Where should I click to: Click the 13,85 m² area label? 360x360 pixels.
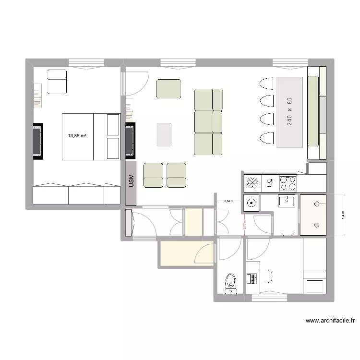pyautogui.click(x=77, y=136)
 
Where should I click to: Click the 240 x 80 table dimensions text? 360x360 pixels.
pyautogui.click(x=290, y=111)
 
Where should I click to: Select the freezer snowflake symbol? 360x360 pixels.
pyautogui.click(x=252, y=182)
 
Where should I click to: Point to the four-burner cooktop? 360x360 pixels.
pyautogui.click(x=288, y=182)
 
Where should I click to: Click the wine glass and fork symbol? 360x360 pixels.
pyautogui.click(x=269, y=182)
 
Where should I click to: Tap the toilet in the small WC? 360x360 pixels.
pyautogui.click(x=231, y=283)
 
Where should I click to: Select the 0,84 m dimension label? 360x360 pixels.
pyautogui.click(x=228, y=201)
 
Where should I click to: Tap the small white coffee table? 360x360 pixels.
pyautogui.click(x=164, y=134)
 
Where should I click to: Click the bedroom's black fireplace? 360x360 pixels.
pyautogui.click(x=37, y=141)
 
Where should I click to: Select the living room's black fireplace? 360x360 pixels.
pyautogui.click(x=130, y=141)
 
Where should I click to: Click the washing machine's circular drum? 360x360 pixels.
pyautogui.click(x=252, y=203)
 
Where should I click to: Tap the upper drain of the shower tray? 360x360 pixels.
pyautogui.click(x=316, y=204)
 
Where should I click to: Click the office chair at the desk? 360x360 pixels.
pyautogui.click(x=267, y=276)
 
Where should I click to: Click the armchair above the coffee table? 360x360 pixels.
pyautogui.click(x=169, y=89)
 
